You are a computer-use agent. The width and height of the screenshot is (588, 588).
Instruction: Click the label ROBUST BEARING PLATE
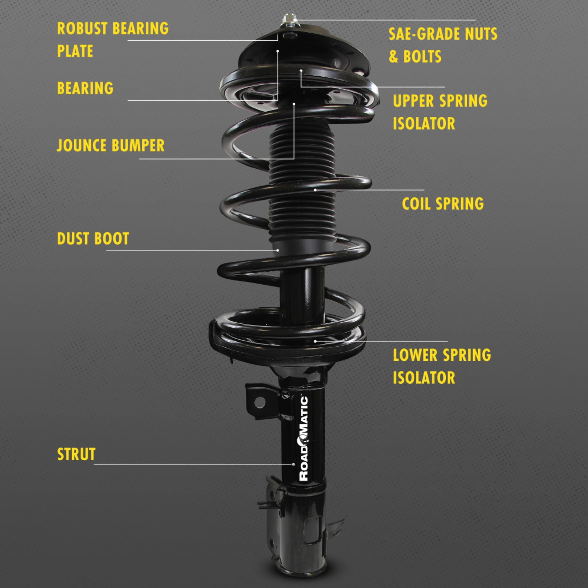point(113,40)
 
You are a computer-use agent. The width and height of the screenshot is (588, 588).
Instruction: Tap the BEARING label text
point(85,88)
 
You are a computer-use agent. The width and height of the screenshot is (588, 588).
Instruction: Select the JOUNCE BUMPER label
point(111,145)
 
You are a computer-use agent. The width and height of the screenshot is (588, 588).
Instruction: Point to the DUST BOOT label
point(93,238)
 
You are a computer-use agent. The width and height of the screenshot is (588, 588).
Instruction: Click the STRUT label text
point(76,454)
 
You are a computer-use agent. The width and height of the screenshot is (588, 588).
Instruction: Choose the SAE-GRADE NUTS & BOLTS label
point(443,45)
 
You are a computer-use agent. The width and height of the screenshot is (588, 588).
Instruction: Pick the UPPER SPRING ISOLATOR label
point(440,112)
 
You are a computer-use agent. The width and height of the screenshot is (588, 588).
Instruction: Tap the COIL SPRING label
point(442,204)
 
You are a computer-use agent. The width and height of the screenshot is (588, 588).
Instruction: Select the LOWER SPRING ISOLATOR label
point(442,366)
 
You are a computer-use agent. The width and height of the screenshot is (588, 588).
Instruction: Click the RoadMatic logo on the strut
point(304,438)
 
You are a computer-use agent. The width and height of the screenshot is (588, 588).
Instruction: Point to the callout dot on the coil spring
point(315,190)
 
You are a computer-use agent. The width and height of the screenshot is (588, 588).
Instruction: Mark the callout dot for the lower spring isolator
point(315,341)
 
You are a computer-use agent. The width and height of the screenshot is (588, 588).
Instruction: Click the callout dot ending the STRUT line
point(293,465)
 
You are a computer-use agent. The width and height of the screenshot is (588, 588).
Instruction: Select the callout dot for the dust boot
point(278,250)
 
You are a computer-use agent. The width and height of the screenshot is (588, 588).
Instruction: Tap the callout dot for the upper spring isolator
point(301,71)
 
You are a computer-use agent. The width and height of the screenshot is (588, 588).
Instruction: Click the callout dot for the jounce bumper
point(294,104)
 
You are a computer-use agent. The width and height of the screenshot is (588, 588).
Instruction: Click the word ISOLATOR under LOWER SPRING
point(424,378)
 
